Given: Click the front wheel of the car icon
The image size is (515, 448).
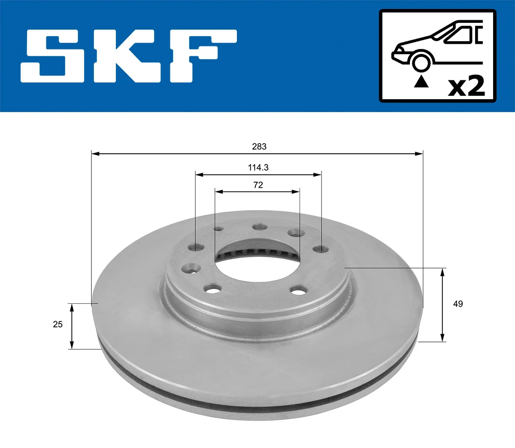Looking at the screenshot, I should [421, 62].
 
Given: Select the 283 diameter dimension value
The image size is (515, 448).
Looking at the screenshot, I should [259, 146].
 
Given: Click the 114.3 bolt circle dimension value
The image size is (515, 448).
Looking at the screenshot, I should [258, 167].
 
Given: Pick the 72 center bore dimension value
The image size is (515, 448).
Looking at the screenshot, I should [258, 185].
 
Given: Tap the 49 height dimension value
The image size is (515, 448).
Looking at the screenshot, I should [458, 304].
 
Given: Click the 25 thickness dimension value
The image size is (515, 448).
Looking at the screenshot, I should [58, 324].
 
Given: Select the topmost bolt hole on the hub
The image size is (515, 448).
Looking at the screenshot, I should [260, 227].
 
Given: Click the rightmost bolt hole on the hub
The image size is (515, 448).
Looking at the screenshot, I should [320, 250].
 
